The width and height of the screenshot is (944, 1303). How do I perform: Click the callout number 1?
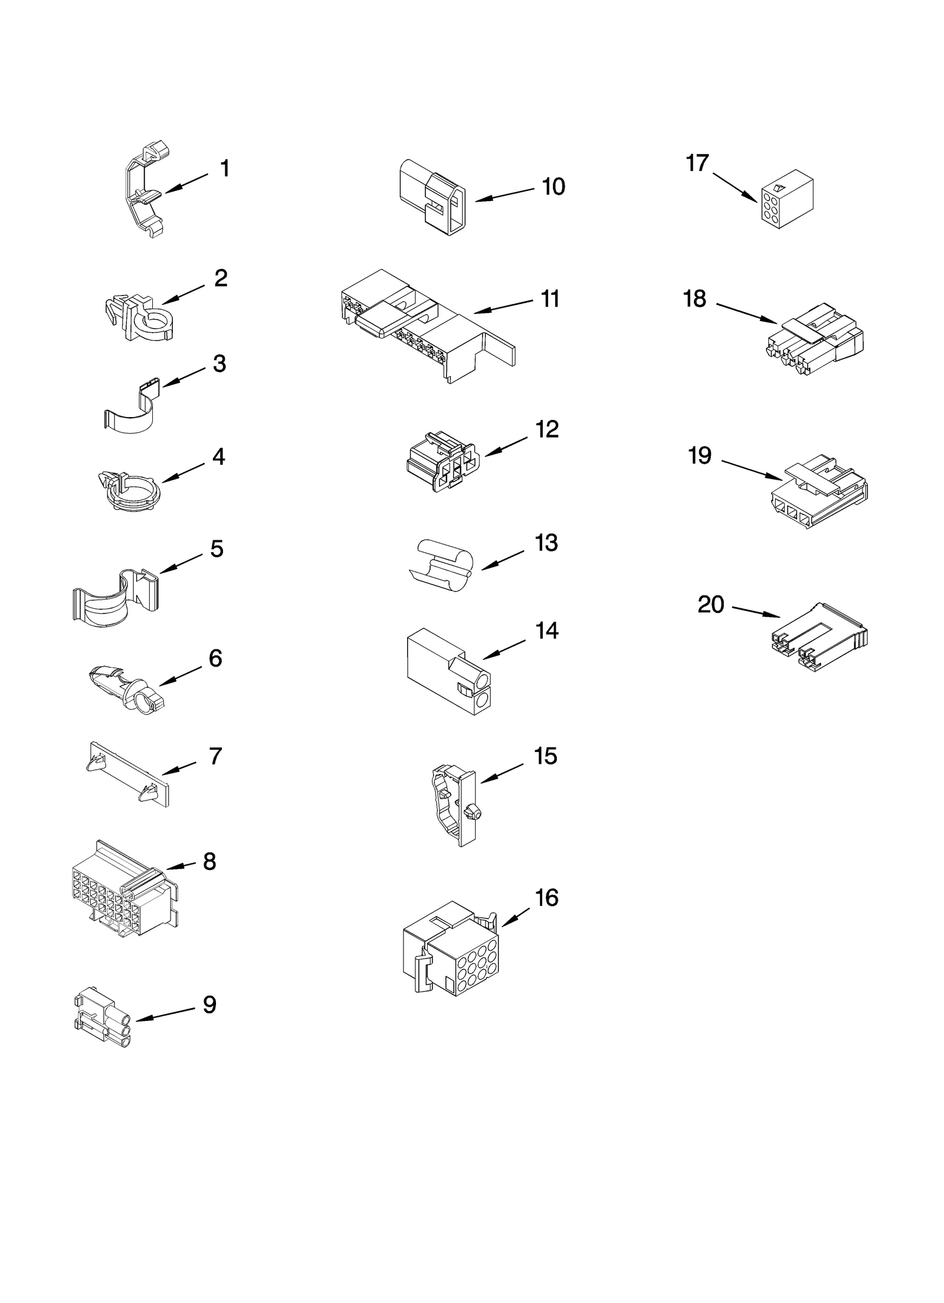[x=224, y=169]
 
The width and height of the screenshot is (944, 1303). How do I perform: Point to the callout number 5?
[x=217, y=549]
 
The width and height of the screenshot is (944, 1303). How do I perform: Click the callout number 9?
[x=209, y=1005]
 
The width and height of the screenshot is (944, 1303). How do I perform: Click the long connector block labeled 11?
[x=425, y=324]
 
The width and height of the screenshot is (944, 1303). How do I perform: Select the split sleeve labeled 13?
[x=442, y=564]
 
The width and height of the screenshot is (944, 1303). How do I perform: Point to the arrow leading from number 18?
[x=747, y=313]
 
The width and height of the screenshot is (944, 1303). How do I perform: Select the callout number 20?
[x=710, y=605]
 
